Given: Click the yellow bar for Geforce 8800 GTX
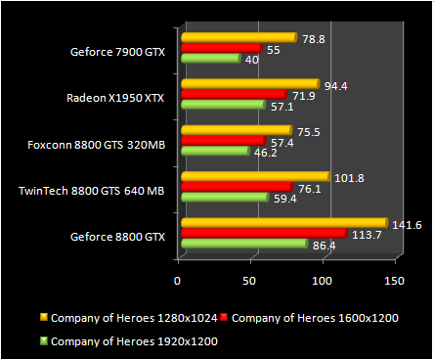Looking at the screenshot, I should point(283,224).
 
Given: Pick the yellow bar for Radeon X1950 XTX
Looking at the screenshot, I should point(250,84).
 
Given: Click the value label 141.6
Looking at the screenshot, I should point(407,224).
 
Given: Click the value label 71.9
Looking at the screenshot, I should point(304,95).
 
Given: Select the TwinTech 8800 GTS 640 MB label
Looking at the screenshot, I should point(92,190).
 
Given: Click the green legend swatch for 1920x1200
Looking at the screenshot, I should point(41,340).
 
